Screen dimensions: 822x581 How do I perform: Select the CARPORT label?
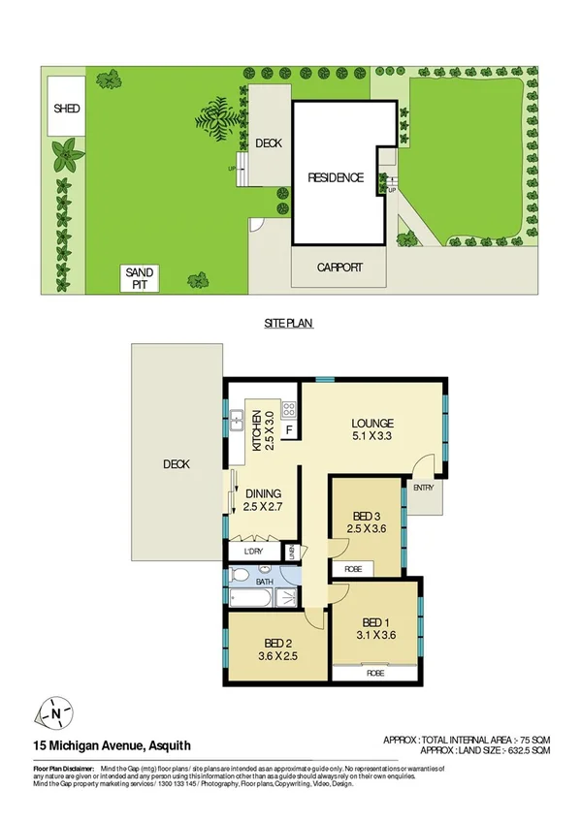[x=339, y=268]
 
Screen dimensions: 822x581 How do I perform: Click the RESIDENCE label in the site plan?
[x=336, y=177]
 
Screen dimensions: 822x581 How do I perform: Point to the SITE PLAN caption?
[x=290, y=324]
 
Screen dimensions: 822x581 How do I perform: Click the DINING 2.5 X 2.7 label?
[x=262, y=499]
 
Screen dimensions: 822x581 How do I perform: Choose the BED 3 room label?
[x=366, y=521]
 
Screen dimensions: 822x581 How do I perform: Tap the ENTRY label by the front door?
[x=424, y=488]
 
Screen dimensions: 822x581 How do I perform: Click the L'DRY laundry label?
[x=245, y=553]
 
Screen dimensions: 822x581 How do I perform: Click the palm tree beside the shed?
[x=66, y=151]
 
